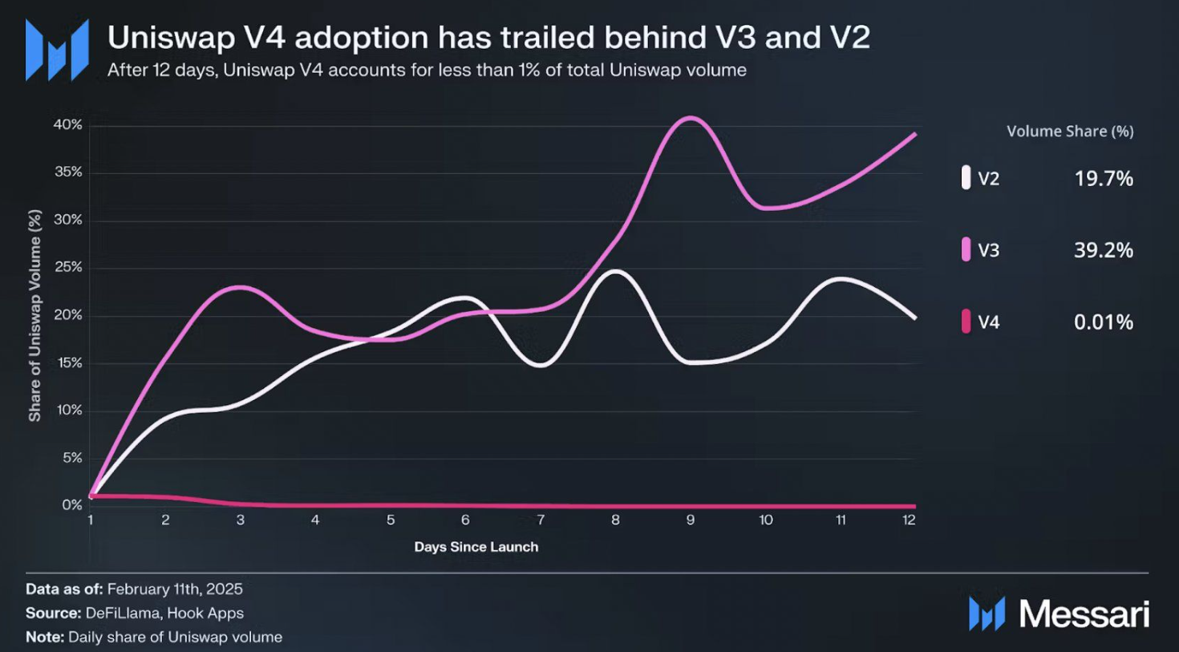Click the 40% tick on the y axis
(x=67, y=125)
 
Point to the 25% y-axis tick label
(x=67, y=267)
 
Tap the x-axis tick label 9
(x=691, y=520)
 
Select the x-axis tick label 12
(x=909, y=520)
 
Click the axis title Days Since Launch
(x=476, y=547)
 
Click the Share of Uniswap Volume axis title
(x=34, y=315)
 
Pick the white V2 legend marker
(x=966, y=178)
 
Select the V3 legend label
(x=988, y=250)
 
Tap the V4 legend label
(x=988, y=322)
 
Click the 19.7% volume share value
(x=1104, y=178)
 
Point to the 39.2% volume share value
(x=1104, y=250)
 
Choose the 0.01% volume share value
(x=1104, y=322)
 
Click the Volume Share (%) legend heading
(x=1070, y=132)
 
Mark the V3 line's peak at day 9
(x=691, y=119)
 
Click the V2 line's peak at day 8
(x=616, y=272)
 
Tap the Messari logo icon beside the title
(x=57, y=50)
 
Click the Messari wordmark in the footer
(x=1084, y=614)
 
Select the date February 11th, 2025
(x=175, y=589)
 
